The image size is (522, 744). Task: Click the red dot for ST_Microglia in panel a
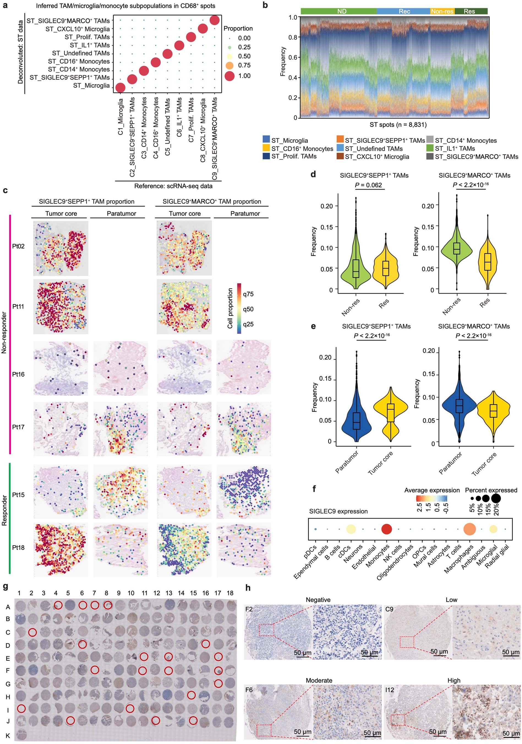tap(120, 87)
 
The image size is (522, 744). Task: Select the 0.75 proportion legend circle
tap(229, 65)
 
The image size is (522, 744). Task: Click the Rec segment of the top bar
tap(404, 11)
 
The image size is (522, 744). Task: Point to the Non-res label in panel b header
tap(442, 11)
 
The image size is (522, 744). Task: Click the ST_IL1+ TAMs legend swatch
tap(430, 149)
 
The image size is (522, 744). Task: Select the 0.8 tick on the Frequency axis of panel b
tap(293, 37)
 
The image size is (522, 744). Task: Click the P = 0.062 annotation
tap(368, 185)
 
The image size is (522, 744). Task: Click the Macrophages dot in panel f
tap(469, 529)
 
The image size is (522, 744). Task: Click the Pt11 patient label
tap(18, 307)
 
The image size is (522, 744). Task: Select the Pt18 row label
tap(18, 548)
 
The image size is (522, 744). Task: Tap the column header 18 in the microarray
tap(230, 593)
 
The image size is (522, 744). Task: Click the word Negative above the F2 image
tap(318, 600)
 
